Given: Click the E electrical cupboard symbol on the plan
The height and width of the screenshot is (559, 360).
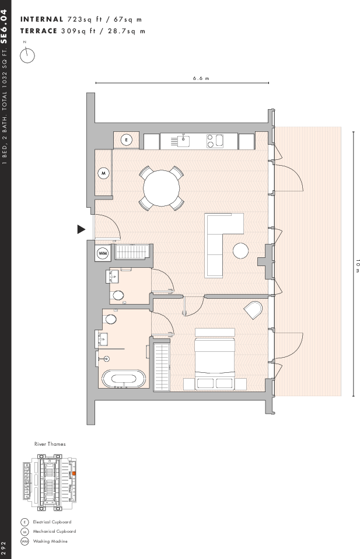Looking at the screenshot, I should tap(127, 140).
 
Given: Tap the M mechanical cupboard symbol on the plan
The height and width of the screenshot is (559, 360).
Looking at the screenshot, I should tap(103, 173).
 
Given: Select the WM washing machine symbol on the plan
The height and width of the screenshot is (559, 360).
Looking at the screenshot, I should tap(103, 253).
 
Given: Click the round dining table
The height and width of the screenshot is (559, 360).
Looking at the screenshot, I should tap(162, 188).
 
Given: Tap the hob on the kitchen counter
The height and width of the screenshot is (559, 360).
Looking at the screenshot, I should tap(215, 140).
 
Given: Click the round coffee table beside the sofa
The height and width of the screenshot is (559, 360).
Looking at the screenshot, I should tap(240, 251).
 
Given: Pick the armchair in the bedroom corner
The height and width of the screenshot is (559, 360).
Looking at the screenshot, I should tap(254, 310).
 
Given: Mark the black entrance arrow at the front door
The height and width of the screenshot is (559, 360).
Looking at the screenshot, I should tap(81, 229).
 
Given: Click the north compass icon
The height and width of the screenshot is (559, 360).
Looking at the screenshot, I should tap(27, 55).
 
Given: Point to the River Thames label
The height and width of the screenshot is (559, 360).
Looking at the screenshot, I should tap(50, 444).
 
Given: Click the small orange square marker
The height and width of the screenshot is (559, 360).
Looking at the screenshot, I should tap(74, 473).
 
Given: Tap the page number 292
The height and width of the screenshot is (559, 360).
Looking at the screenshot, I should tap(5, 547).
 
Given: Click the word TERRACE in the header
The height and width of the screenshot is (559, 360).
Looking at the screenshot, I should tap(39, 31).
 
